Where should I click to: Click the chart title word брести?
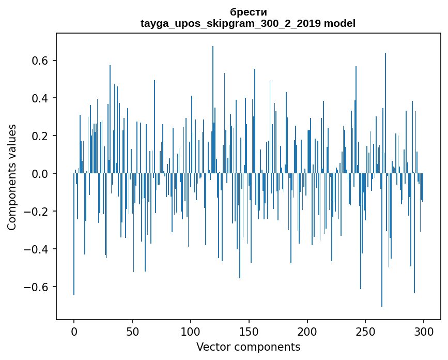(x=248, y=12)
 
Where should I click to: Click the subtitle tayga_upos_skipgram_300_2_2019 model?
(x=248, y=23)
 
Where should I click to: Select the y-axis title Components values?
(x=12, y=177)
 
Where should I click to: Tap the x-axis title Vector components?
(x=248, y=347)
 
